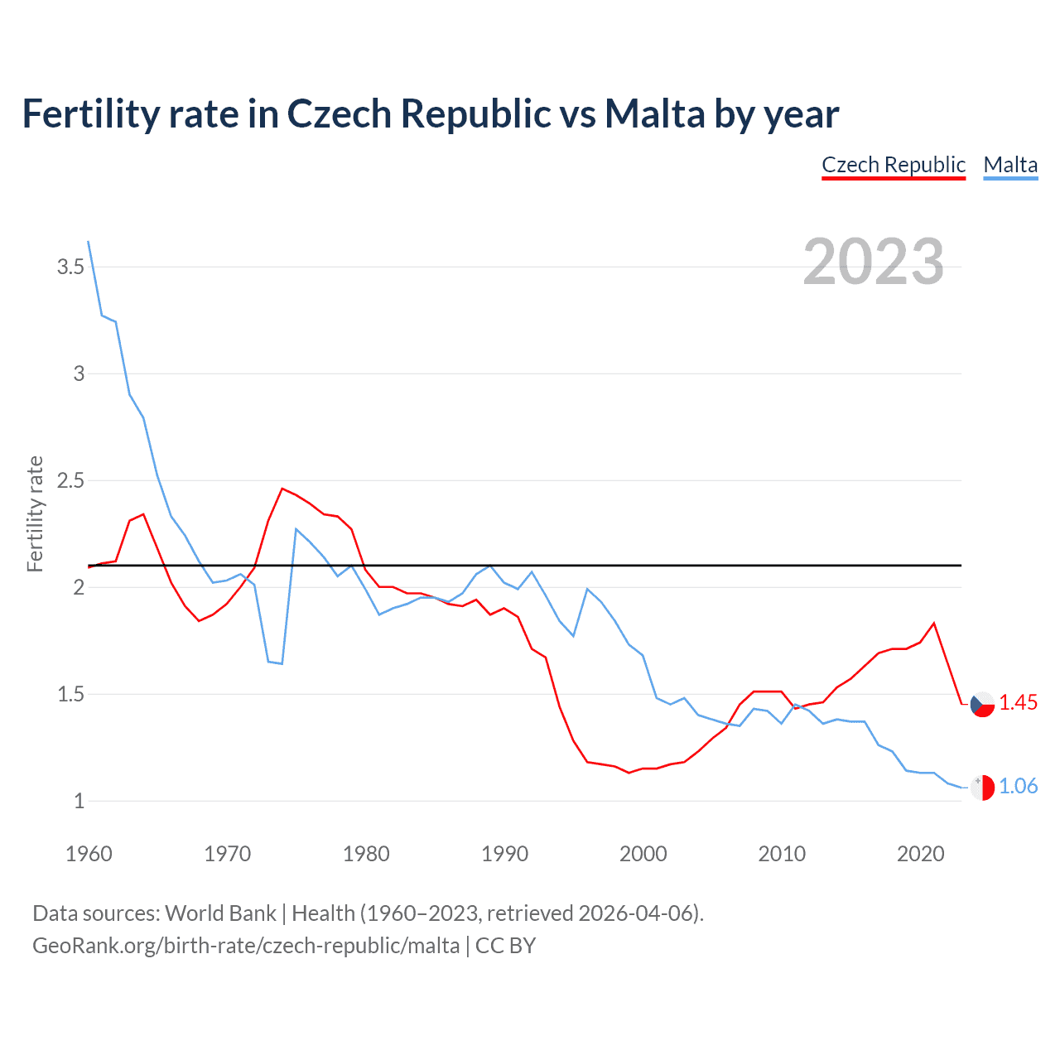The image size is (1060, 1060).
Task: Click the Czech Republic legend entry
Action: point(894,165)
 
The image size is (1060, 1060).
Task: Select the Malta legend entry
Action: point(1010,165)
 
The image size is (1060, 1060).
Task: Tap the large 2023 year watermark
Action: point(873,262)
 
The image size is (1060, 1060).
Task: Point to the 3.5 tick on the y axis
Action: point(70,267)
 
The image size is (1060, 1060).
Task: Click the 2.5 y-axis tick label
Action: point(70,480)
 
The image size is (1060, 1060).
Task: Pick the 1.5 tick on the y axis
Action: point(70,694)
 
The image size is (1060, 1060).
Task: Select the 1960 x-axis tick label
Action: point(89,854)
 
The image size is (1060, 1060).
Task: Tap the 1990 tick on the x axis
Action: point(504,854)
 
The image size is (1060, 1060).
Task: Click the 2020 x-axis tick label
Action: point(920,854)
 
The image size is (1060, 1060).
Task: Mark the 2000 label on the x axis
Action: point(643,854)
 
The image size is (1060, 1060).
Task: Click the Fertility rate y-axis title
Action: point(35,513)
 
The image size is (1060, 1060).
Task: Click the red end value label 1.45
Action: point(1018,702)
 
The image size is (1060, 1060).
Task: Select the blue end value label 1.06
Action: point(1018,786)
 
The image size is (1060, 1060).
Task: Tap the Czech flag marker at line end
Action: point(982,705)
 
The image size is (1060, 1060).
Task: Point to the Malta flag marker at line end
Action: point(982,788)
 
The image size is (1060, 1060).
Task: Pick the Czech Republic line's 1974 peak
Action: point(282,489)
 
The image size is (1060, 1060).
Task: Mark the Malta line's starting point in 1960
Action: point(89,242)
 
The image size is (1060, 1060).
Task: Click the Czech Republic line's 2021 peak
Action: point(934,623)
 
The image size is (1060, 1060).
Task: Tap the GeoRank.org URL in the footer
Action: point(245,945)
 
